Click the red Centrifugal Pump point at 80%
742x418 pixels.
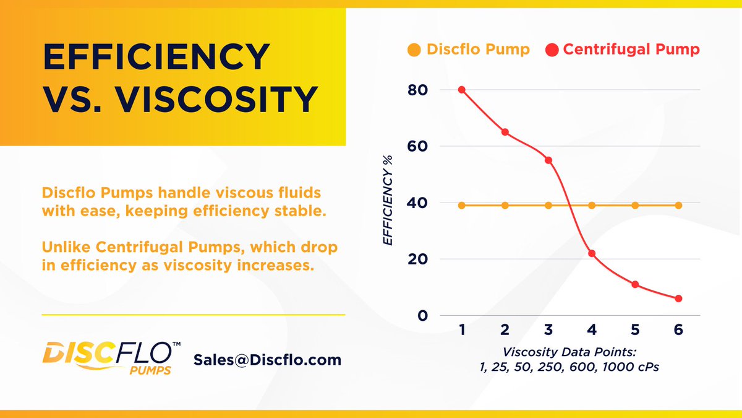click(x=462, y=90)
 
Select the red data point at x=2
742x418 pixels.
click(x=505, y=132)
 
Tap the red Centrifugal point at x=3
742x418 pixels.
click(x=548, y=160)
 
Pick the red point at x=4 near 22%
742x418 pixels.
click(x=592, y=253)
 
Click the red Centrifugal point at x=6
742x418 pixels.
click(x=678, y=298)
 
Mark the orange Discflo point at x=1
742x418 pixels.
click(x=462, y=205)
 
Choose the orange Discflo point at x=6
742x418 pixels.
click(x=678, y=205)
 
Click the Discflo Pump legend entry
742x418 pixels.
click(x=469, y=50)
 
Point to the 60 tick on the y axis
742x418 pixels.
click(x=417, y=146)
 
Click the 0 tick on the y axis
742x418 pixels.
click(x=423, y=316)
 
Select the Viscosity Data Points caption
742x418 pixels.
click(x=569, y=359)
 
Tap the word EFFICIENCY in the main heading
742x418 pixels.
click(x=156, y=58)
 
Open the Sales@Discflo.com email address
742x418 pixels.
click(x=267, y=360)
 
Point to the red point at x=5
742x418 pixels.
click(x=635, y=284)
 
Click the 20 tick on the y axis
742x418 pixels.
click(x=417, y=259)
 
